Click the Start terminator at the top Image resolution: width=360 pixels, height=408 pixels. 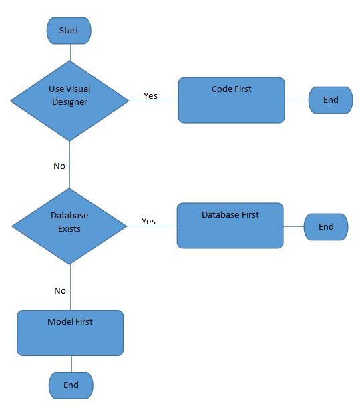(x=69, y=31)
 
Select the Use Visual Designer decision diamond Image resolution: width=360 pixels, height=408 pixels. (x=69, y=101)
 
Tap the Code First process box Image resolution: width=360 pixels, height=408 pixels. (x=231, y=100)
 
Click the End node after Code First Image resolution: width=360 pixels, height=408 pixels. (x=331, y=100)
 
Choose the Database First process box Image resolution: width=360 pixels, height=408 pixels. (x=230, y=226)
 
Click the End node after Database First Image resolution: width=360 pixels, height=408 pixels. (x=326, y=227)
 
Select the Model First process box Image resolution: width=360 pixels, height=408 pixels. (x=70, y=333)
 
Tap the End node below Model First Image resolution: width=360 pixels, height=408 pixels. (x=71, y=385)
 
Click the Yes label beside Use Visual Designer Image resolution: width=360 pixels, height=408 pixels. (x=150, y=96)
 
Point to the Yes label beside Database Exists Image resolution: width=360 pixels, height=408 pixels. (x=148, y=222)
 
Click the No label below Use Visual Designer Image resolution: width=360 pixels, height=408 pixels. (x=59, y=166)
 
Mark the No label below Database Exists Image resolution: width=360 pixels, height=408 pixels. (x=60, y=291)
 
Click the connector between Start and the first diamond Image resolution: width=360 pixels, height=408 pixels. (x=69, y=52)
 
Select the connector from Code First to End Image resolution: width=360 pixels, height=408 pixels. (x=297, y=101)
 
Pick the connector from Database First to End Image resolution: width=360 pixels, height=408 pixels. (x=293, y=226)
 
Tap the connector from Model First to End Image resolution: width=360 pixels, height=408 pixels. (x=71, y=364)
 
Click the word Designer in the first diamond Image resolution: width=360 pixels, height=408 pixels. (x=69, y=102)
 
